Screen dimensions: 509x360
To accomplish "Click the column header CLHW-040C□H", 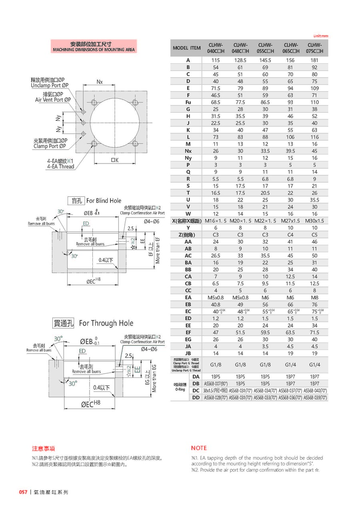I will [216, 48].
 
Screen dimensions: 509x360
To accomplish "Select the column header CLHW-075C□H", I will [314, 48].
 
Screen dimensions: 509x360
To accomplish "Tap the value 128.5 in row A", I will [240, 60].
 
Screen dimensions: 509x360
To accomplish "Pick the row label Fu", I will [188, 102].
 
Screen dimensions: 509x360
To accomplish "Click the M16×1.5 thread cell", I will [216, 221].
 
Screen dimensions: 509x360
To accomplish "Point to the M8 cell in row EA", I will [314, 297].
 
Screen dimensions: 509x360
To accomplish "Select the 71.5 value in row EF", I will [314, 332].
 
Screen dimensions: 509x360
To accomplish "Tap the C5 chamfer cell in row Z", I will [314, 235].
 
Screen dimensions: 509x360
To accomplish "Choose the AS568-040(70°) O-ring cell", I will [315, 390].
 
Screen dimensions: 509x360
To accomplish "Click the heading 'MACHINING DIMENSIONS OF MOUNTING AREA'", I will [94, 50].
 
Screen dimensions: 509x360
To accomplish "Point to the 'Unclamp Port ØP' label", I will [50, 85].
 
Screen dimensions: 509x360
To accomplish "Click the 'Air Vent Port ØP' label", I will [53, 100].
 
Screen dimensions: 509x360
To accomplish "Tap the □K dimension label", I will [115, 160].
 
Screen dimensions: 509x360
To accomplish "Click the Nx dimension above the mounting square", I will [100, 82].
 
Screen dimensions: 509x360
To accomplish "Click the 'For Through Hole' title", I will [106, 323].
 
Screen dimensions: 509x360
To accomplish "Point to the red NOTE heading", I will [199, 448].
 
